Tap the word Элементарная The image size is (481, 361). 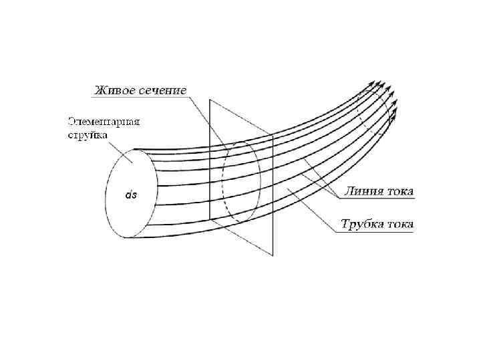coord(104,122)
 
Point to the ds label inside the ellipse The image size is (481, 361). coord(131,195)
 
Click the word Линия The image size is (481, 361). coord(363,191)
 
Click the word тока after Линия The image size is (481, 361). coord(399,191)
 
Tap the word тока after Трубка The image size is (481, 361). coord(399,223)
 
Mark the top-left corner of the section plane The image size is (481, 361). coord(210,100)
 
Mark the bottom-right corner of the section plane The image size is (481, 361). coord(273,255)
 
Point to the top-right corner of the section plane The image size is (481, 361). coord(273,136)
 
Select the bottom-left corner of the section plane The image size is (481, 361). coord(210,219)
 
